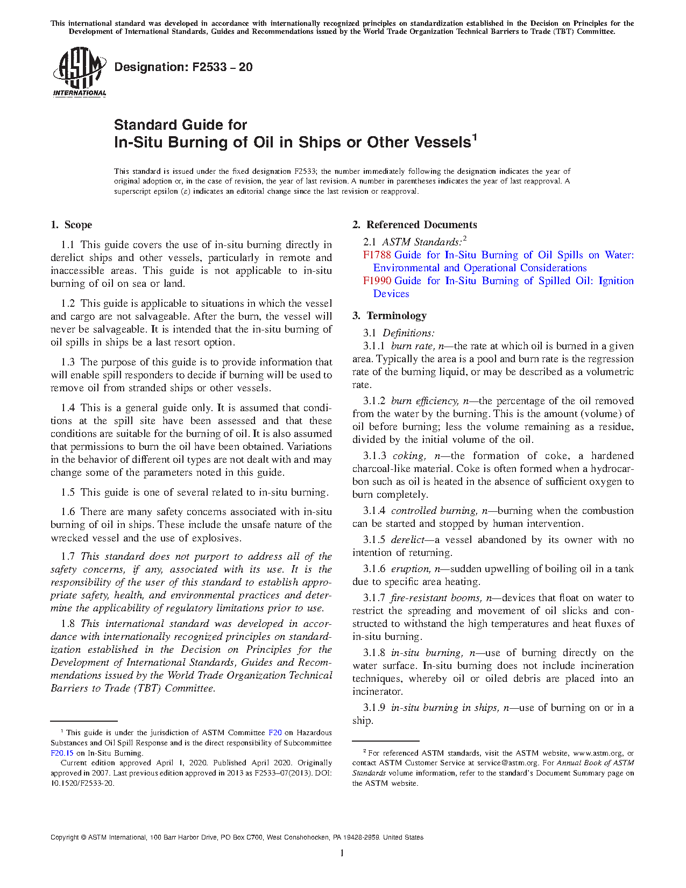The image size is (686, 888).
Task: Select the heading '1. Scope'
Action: [x=71, y=225]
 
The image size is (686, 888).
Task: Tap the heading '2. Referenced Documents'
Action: [x=415, y=225]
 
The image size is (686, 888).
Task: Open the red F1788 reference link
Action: [x=377, y=255]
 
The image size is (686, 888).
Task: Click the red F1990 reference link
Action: [x=377, y=281]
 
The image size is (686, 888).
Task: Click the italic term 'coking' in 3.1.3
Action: [x=408, y=456]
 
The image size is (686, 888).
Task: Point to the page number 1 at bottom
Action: [x=342, y=853]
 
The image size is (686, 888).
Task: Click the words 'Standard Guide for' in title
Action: [x=180, y=125]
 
